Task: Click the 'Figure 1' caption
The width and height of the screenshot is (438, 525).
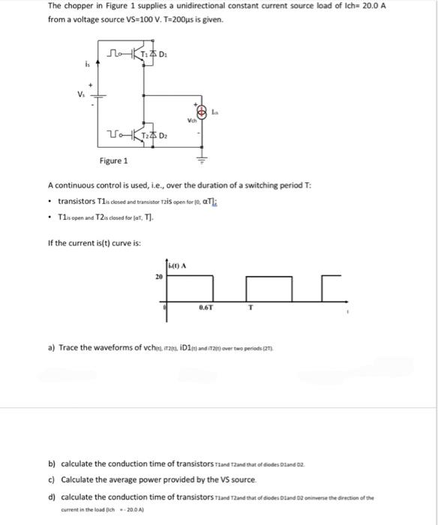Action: pos(114,161)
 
